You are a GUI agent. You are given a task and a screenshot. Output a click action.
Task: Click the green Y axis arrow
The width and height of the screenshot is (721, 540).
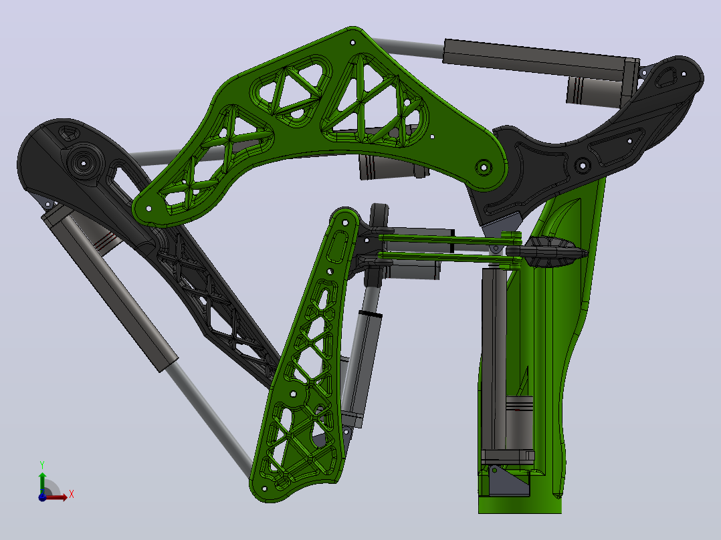(x=42, y=483)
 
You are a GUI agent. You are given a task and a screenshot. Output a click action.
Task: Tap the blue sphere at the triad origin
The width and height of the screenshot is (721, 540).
(x=42, y=497)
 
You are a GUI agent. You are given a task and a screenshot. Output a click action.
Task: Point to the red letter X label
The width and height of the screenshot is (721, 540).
(x=72, y=495)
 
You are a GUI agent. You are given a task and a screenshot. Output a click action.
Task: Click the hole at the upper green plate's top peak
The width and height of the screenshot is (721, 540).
(x=352, y=43)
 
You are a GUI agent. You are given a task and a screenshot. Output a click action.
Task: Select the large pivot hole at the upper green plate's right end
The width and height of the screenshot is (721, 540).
(x=484, y=167)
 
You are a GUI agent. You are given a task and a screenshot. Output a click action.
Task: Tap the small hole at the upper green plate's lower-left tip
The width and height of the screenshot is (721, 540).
(x=148, y=209)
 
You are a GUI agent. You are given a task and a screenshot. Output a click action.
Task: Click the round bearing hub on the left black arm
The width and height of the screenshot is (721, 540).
(x=84, y=162)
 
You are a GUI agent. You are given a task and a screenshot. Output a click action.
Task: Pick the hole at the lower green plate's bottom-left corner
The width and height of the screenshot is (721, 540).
(x=264, y=489)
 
